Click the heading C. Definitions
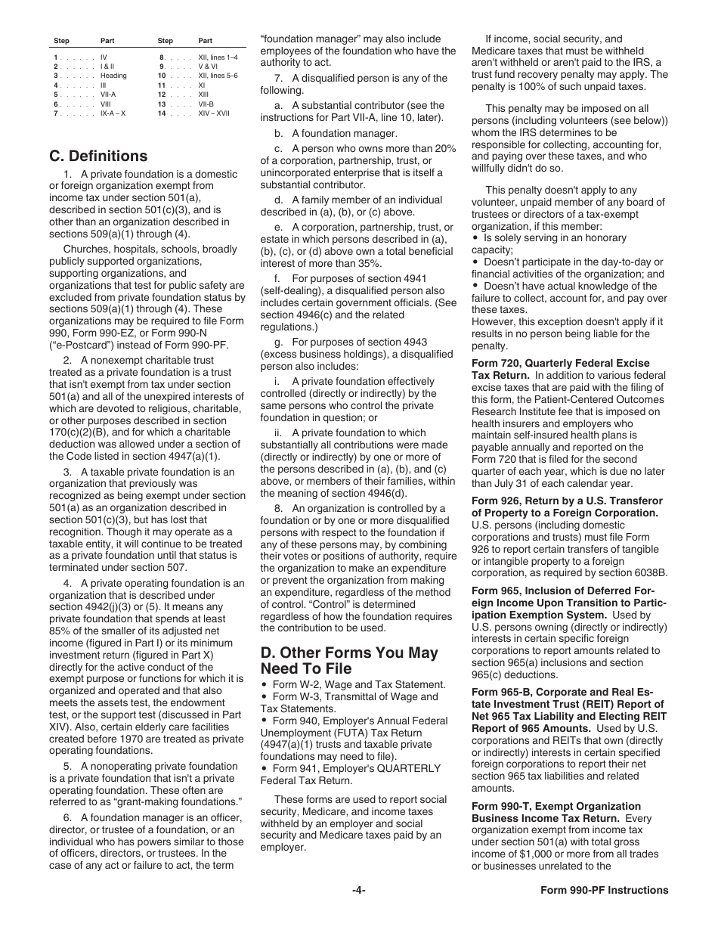pos(98,157)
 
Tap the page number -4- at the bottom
pos(359,890)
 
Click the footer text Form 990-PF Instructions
pos(604,890)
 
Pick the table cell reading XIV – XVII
pos(215,113)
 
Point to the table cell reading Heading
pos(113,76)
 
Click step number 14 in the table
pos(162,113)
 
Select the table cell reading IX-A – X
pos(113,113)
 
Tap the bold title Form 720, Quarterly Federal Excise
pos(560,363)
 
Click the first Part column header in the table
pos(107,41)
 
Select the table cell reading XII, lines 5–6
pos(218,76)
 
